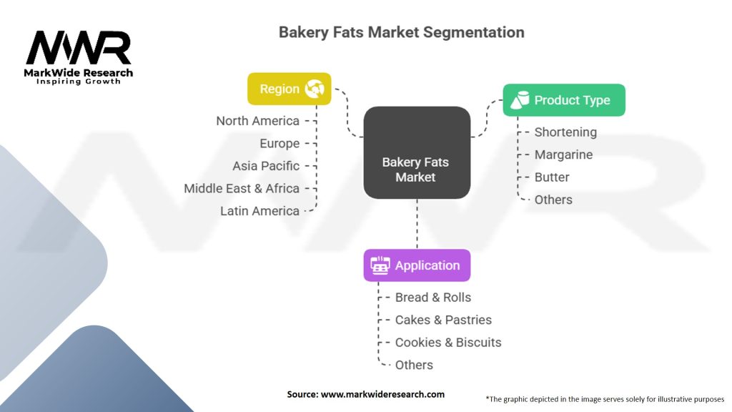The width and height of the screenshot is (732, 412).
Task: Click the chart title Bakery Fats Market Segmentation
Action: tap(401, 32)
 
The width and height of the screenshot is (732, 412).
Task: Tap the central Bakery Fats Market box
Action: tap(416, 170)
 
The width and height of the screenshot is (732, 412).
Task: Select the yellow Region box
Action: tap(290, 89)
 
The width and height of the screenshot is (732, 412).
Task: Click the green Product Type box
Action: tap(564, 100)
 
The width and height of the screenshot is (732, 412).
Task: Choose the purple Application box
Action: tap(417, 265)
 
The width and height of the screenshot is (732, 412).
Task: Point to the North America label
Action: tap(257, 121)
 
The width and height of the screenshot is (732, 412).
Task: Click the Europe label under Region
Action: tap(280, 143)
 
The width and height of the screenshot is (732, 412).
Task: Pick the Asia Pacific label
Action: tap(266, 166)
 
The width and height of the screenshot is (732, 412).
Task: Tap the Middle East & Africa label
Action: tap(242, 188)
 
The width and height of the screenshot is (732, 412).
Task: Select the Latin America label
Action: tap(259, 211)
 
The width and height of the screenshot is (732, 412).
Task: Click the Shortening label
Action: tap(565, 132)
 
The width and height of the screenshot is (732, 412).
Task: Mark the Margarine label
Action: tap(563, 154)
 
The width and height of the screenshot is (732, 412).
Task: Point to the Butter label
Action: tap(552, 177)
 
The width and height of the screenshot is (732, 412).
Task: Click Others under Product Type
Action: tap(553, 200)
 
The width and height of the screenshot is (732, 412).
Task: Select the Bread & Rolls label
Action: tap(433, 297)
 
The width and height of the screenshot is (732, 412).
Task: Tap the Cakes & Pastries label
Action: tap(443, 320)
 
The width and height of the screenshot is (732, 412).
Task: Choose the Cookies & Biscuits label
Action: tap(448, 342)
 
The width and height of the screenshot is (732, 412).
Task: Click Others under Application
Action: tap(414, 365)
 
